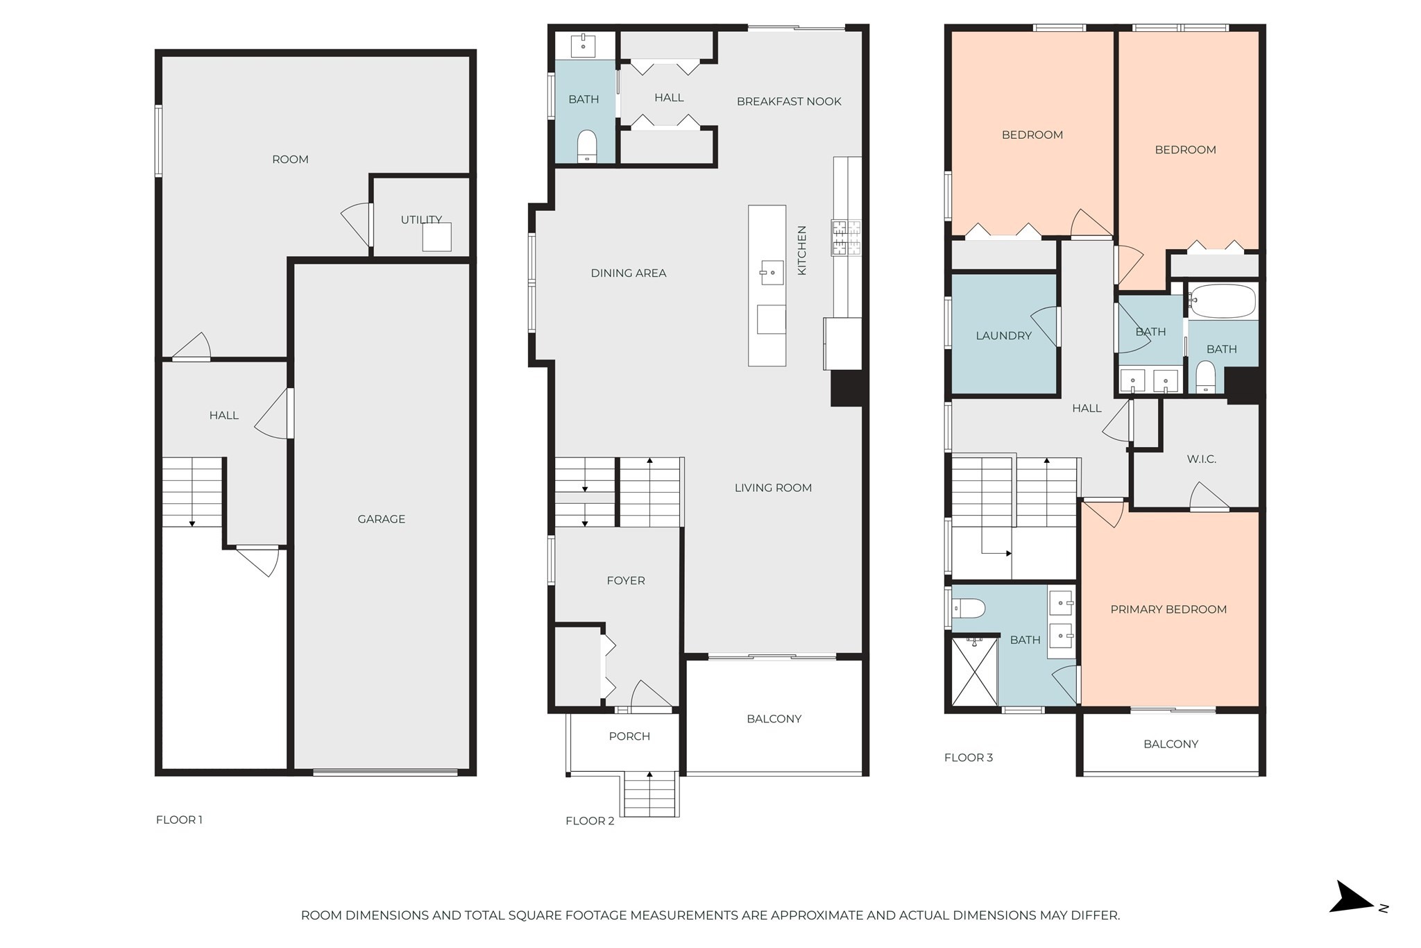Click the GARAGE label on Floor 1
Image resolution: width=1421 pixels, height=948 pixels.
[x=381, y=519]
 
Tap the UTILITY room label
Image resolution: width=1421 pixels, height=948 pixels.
[x=421, y=219]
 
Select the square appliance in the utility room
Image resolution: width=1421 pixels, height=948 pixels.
[x=437, y=237]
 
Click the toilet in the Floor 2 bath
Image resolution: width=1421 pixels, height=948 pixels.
[x=587, y=145]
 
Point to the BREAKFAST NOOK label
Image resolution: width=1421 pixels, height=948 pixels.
[x=789, y=101]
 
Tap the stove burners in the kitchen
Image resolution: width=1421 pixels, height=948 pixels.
[x=846, y=237]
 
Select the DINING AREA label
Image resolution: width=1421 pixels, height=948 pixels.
[x=628, y=273]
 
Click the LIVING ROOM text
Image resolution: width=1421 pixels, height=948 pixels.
[x=773, y=488]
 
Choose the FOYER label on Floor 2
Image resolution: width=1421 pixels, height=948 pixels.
[x=626, y=581]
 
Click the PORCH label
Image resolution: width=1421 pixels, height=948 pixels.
[x=629, y=736]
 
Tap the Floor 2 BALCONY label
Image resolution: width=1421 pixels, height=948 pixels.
[x=774, y=719]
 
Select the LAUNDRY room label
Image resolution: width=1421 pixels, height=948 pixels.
[x=1003, y=336]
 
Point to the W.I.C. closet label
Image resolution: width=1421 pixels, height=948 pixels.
[x=1201, y=459]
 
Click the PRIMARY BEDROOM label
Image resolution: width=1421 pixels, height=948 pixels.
[x=1168, y=609]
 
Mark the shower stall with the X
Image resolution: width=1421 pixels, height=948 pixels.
[x=974, y=671]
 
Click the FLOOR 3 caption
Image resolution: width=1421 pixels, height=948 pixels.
[x=968, y=758]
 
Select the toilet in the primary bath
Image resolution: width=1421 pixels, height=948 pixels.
[x=969, y=609]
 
